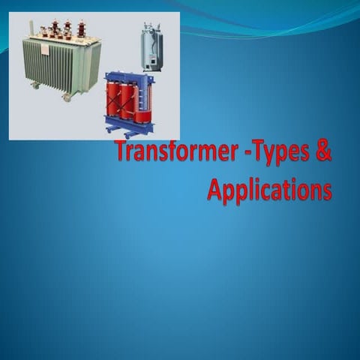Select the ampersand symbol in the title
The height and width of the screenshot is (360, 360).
point(321,151)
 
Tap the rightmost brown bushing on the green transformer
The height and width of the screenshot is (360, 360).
point(81,28)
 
